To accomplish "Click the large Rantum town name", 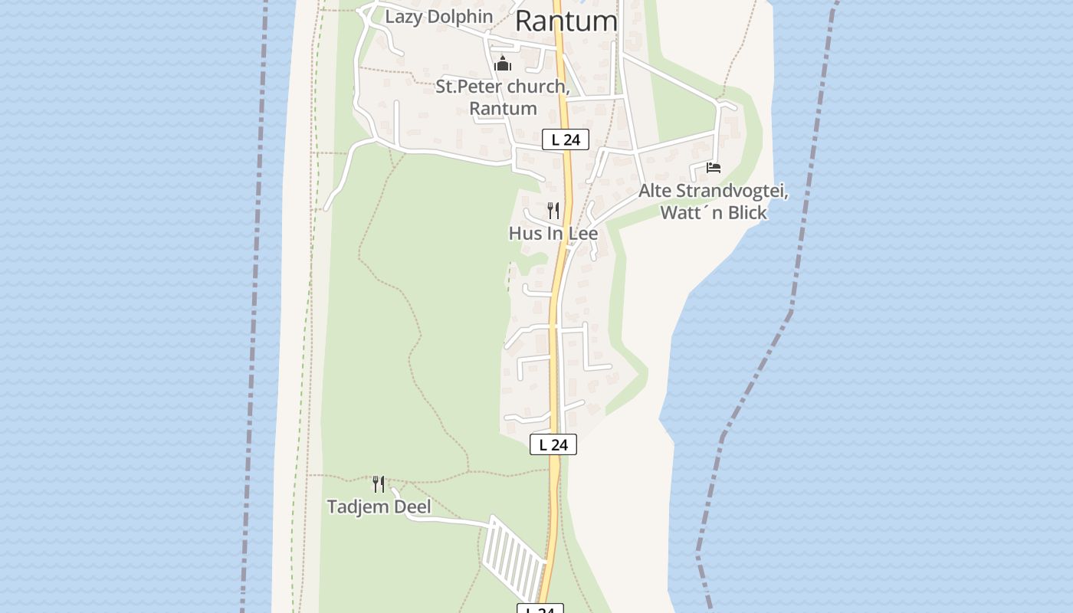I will (x=566, y=21).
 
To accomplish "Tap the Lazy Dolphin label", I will (x=438, y=16).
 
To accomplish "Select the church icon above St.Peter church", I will (x=503, y=64).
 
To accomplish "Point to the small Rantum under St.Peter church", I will (x=503, y=108).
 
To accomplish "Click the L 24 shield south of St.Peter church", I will (x=565, y=139).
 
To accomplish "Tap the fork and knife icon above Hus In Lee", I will (x=553, y=211).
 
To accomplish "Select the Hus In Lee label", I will (x=553, y=233).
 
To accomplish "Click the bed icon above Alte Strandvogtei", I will (x=714, y=167).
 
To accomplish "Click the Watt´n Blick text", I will (x=714, y=212).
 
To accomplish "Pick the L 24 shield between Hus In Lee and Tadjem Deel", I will (x=553, y=444).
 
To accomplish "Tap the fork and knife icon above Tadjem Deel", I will (x=379, y=484).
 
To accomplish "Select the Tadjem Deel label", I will (x=379, y=506).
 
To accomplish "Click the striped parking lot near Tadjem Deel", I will (x=514, y=558).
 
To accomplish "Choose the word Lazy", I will (x=402, y=16).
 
